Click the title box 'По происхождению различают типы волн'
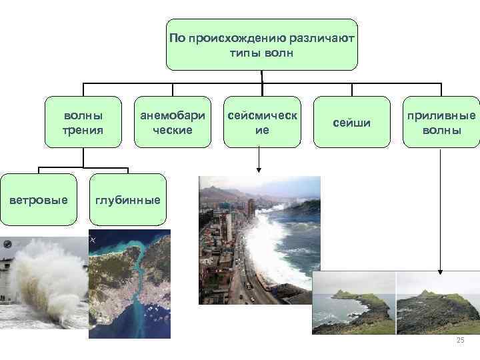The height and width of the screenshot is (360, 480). coord(261,45)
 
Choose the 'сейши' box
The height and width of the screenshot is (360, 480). coord(351,123)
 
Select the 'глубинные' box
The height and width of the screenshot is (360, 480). coord(127,199)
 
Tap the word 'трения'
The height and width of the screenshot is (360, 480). coord(83,129)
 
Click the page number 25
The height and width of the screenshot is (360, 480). coord(459,341)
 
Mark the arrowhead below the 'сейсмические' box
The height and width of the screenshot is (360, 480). coord(259,169)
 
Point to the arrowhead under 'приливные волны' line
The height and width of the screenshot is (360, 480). coord(440,271)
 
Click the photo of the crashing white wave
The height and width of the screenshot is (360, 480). coord(43,283)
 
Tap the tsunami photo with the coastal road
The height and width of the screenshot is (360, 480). coord(259,240)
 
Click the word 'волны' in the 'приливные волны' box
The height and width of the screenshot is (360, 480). coord(441,129)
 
